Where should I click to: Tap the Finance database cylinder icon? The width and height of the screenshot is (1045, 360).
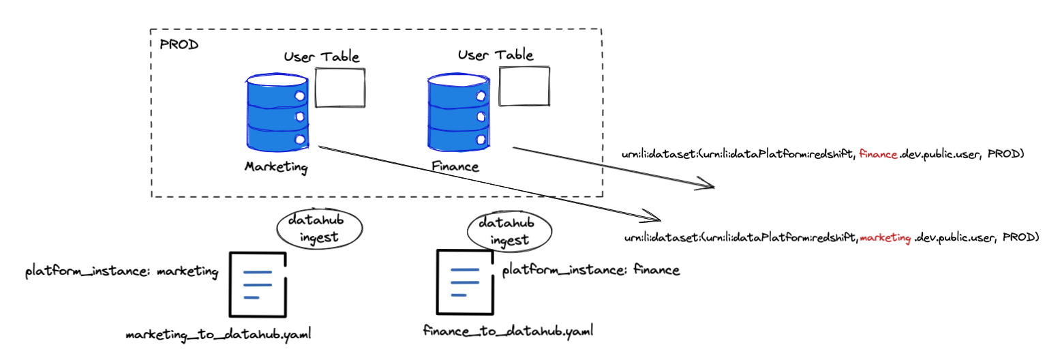tap(458, 112)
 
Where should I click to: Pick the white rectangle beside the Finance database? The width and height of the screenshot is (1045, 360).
tap(524, 87)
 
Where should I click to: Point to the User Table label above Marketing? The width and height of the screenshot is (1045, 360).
tap(321, 57)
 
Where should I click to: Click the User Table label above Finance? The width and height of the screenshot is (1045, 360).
tap(495, 55)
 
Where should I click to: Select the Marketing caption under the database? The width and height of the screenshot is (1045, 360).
tap(276, 167)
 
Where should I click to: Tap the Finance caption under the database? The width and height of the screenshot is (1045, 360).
tap(455, 166)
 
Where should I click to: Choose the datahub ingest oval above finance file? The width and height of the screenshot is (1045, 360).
tap(500, 231)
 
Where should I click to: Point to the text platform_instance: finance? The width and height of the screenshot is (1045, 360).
tap(591, 270)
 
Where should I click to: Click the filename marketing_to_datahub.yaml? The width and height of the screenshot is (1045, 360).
tap(222, 335)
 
